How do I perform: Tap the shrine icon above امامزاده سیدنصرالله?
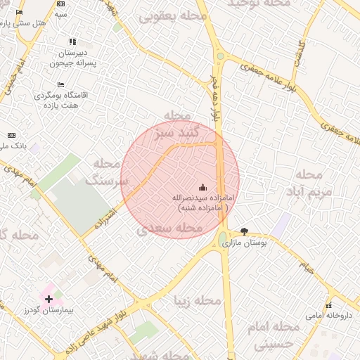[x=203, y=187]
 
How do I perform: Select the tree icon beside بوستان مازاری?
[x=244, y=231]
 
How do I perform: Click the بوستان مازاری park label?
[x=241, y=243]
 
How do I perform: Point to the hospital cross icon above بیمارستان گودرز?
[x=48, y=299]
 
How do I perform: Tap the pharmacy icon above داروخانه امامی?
[x=328, y=305]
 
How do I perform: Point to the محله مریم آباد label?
[x=309, y=181]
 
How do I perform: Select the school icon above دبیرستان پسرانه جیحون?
[x=72, y=42]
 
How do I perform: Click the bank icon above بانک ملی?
[x=11, y=134]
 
